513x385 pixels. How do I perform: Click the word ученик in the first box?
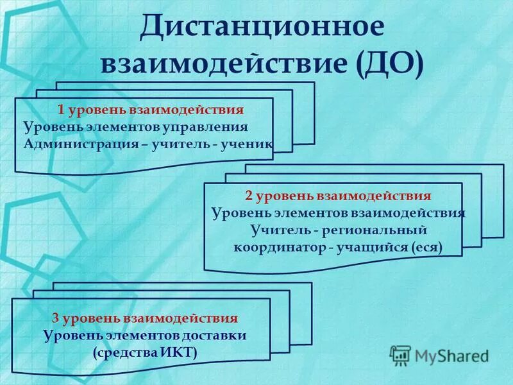tap(246, 143)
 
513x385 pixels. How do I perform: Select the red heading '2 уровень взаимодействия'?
tap(338, 196)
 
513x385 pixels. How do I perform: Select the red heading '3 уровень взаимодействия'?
tap(145, 318)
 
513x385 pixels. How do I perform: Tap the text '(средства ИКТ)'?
tap(145, 352)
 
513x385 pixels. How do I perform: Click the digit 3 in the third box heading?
tap(56, 318)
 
